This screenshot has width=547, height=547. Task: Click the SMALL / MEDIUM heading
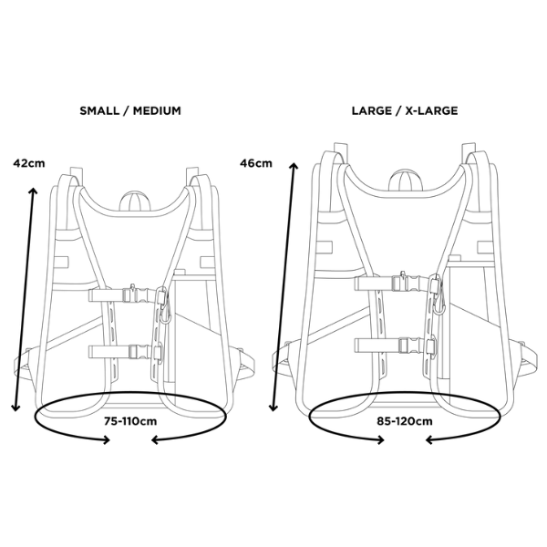pos(130,110)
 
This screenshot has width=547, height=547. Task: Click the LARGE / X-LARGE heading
pos(404,110)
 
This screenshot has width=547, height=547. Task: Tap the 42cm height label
pos(28,164)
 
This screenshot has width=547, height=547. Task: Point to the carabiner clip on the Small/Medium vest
pos(163,306)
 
